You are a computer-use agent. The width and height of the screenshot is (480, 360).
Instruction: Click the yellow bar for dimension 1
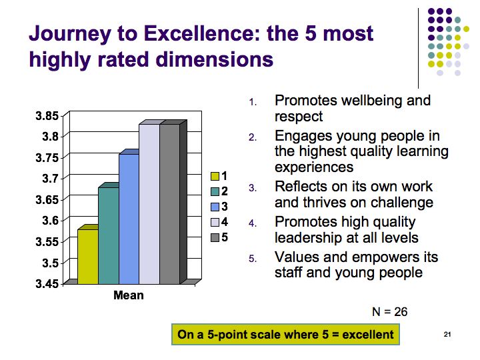[88, 257]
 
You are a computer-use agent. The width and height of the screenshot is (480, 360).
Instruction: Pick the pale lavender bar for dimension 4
[149, 204]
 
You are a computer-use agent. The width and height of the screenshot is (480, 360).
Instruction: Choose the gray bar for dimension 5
[169, 204]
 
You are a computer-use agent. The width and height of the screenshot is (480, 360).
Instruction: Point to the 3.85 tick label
[47, 116]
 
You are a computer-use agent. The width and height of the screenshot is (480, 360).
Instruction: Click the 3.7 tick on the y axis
[50, 179]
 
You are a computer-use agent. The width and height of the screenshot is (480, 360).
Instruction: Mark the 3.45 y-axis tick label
[47, 284]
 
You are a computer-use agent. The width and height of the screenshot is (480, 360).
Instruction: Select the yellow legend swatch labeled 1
[215, 176]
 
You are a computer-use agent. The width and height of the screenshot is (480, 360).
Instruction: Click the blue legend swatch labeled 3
[215, 207]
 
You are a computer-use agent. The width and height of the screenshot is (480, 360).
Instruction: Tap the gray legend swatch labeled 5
[215, 237]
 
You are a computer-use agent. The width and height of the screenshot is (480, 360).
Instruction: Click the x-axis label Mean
[129, 295]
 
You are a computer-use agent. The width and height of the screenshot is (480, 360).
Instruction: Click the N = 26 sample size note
[390, 312]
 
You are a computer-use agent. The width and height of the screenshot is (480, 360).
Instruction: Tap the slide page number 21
[447, 334]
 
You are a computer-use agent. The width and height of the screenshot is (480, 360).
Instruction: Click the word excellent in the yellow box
[368, 335]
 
